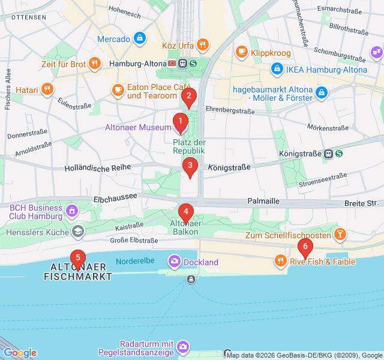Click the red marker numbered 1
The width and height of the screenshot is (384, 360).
coord(180,122)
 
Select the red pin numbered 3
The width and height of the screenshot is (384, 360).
coord(190,166)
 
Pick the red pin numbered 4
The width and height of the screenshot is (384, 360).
coord(186,212)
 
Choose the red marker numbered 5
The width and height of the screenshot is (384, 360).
coord(77,258)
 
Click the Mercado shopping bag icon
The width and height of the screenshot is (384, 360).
coord(140,39)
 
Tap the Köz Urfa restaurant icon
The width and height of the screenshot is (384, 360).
coord(203,44)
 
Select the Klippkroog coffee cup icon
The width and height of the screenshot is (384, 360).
coord(242,52)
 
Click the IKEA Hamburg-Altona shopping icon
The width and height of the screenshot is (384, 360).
coord(277,70)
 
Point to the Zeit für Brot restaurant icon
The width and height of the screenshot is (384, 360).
coord(94,63)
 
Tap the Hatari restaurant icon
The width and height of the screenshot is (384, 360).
coord(47,90)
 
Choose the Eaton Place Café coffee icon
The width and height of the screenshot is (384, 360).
coord(118,91)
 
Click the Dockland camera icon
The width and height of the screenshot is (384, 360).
coord(174,262)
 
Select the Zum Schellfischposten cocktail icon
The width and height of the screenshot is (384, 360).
coord(340,235)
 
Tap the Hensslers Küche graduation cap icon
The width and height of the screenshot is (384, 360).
coord(78,231)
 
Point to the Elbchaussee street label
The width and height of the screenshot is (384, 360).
coord(113,199)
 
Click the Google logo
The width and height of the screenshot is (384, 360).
coord(19,353)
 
